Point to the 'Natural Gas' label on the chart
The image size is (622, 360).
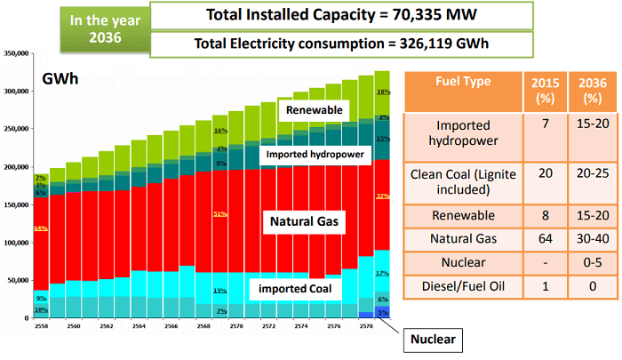click(x=307, y=218)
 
